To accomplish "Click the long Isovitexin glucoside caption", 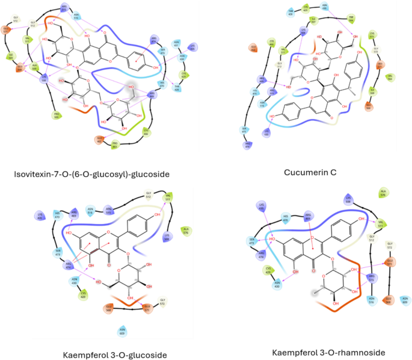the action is (90, 174).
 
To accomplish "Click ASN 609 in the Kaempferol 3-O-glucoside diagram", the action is (121, 330).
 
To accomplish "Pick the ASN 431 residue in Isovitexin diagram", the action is (176, 44).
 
